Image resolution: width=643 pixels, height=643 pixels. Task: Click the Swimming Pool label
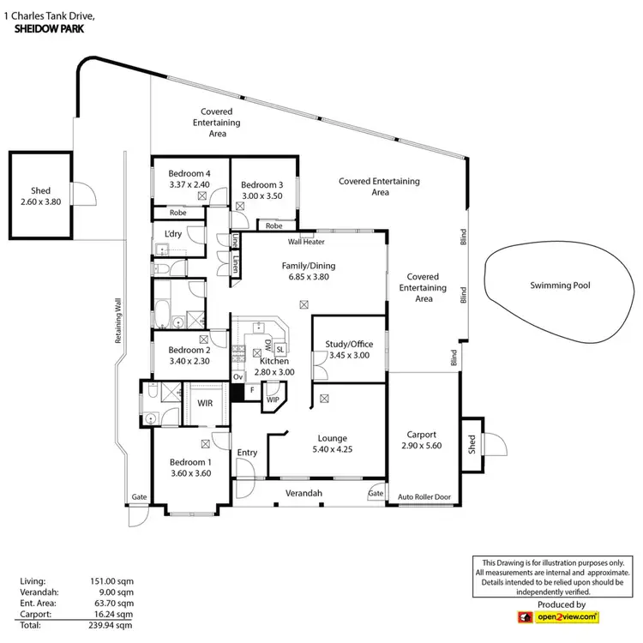pos(560,285)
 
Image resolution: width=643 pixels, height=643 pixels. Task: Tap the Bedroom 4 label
pos(189,173)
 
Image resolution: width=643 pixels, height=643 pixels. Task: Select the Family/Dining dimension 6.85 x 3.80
pos(306,277)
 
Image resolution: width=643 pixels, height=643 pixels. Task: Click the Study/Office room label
pos(349,344)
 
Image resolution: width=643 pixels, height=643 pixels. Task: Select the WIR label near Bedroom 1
pos(205,402)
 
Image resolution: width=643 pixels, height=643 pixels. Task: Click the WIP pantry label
pos(273,400)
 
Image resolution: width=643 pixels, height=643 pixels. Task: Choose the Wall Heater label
pos(306,243)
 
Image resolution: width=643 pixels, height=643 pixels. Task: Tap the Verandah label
pos(303,494)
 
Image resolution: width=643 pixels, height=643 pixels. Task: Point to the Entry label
pos(247,453)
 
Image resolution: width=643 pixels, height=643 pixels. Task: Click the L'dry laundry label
pos(172,234)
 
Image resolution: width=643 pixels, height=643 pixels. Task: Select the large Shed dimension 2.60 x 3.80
pos(40,201)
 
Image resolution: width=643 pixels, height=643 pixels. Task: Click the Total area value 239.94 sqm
pos(113,626)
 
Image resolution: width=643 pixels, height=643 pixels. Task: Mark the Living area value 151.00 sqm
pos(113,581)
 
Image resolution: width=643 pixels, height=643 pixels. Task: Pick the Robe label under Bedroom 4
pos(177,213)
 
